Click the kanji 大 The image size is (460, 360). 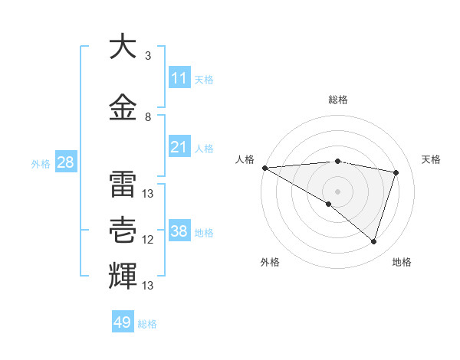pos(123,47)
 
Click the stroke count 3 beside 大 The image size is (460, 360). pos(148,56)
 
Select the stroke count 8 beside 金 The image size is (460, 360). pos(148,117)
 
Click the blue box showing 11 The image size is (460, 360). pos(179,78)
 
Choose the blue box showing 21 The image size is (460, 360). pos(179,147)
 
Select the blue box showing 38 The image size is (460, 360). pos(179,231)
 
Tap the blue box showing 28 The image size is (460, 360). pos(65,162)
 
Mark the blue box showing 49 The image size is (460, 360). pos(123,322)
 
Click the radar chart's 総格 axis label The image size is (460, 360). pos(338,100)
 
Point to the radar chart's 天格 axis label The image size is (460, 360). pos(432,159)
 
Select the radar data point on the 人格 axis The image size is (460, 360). pos(264,168)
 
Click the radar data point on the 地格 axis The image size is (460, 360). pos(373,241)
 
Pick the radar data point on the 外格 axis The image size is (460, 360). pos(329,204)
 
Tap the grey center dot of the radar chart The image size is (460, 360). pos(337,191)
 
